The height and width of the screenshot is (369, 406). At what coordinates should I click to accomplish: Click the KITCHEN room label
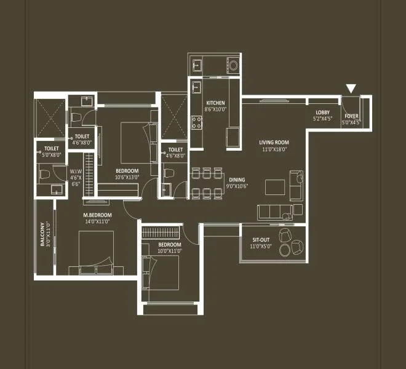(215, 103)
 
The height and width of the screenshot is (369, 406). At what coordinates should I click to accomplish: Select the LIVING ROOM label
(274, 143)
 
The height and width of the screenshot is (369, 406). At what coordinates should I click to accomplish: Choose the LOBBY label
(322, 112)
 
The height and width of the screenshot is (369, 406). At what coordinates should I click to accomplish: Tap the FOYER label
(351, 116)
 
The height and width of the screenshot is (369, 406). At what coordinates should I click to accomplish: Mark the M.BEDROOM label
(98, 215)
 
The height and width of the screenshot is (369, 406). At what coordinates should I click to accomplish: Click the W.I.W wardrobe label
(76, 172)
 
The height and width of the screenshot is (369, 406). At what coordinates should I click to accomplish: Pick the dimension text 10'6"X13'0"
(128, 177)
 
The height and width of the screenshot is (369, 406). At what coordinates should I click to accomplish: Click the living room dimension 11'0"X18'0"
(274, 149)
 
